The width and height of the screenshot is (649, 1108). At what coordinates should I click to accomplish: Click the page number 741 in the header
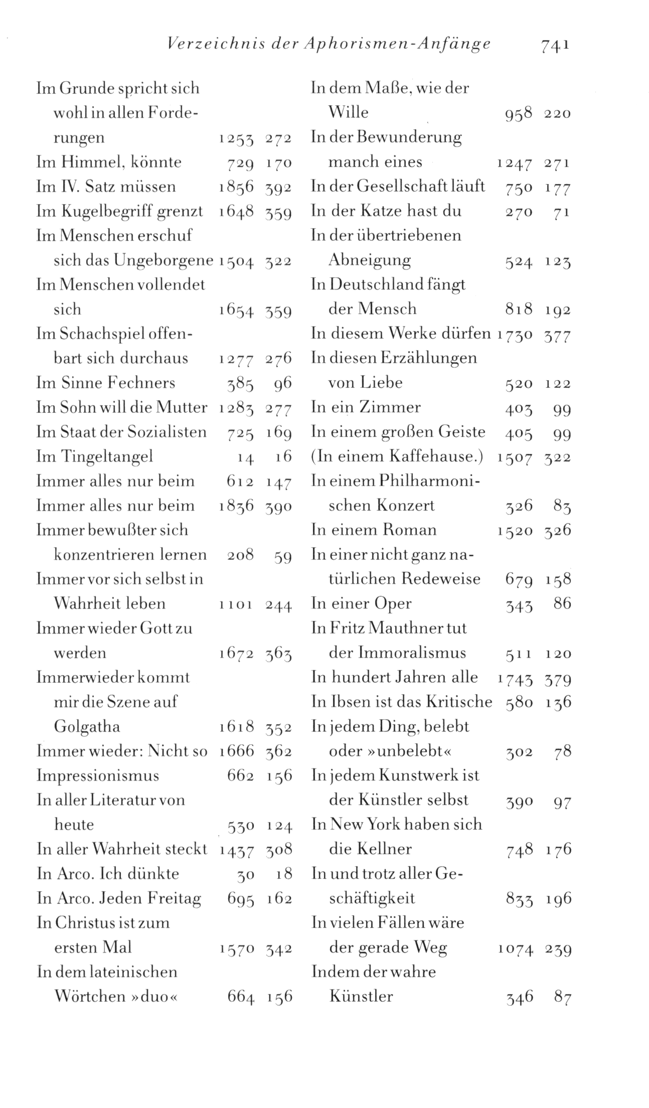tap(555, 46)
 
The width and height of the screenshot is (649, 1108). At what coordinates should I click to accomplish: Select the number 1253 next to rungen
tap(236, 138)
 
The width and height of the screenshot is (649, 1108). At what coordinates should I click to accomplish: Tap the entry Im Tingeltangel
tap(95, 456)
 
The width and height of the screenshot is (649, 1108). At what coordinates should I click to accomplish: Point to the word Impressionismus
tap(98, 775)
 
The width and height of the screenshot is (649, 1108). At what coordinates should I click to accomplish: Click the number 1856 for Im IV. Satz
tap(236, 187)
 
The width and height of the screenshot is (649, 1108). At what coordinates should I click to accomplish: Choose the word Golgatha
tap(87, 727)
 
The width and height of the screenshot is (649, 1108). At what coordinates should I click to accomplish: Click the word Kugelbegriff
tap(106, 212)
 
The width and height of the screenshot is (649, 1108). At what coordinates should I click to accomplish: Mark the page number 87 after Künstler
tap(562, 998)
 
